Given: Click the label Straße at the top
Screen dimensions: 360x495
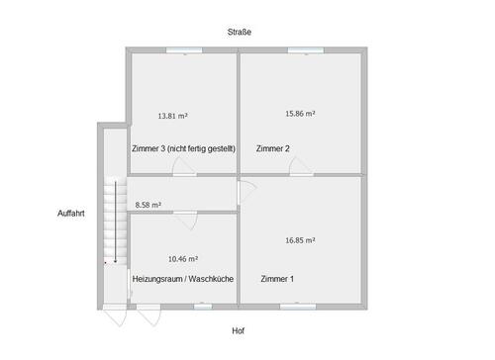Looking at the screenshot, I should click(x=239, y=32).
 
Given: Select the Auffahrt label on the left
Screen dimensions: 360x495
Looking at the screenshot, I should click(x=72, y=213).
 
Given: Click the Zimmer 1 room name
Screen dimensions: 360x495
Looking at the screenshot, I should click(x=277, y=279).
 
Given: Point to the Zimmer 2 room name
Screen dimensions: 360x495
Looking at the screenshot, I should click(x=272, y=148).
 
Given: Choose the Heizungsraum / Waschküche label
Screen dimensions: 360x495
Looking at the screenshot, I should click(x=182, y=279).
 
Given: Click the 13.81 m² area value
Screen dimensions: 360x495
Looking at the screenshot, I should click(x=173, y=116).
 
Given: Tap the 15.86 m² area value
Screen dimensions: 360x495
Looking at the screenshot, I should click(x=300, y=114).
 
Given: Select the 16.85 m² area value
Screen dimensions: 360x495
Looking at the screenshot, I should click(x=300, y=239).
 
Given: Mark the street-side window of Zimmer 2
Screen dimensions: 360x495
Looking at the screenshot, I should click(x=299, y=51).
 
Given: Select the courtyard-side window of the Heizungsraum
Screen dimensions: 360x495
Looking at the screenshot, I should click(x=203, y=307).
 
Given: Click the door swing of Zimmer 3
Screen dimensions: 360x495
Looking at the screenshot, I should click(x=183, y=170).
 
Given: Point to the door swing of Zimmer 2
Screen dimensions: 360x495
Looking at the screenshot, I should click(x=301, y=170).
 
